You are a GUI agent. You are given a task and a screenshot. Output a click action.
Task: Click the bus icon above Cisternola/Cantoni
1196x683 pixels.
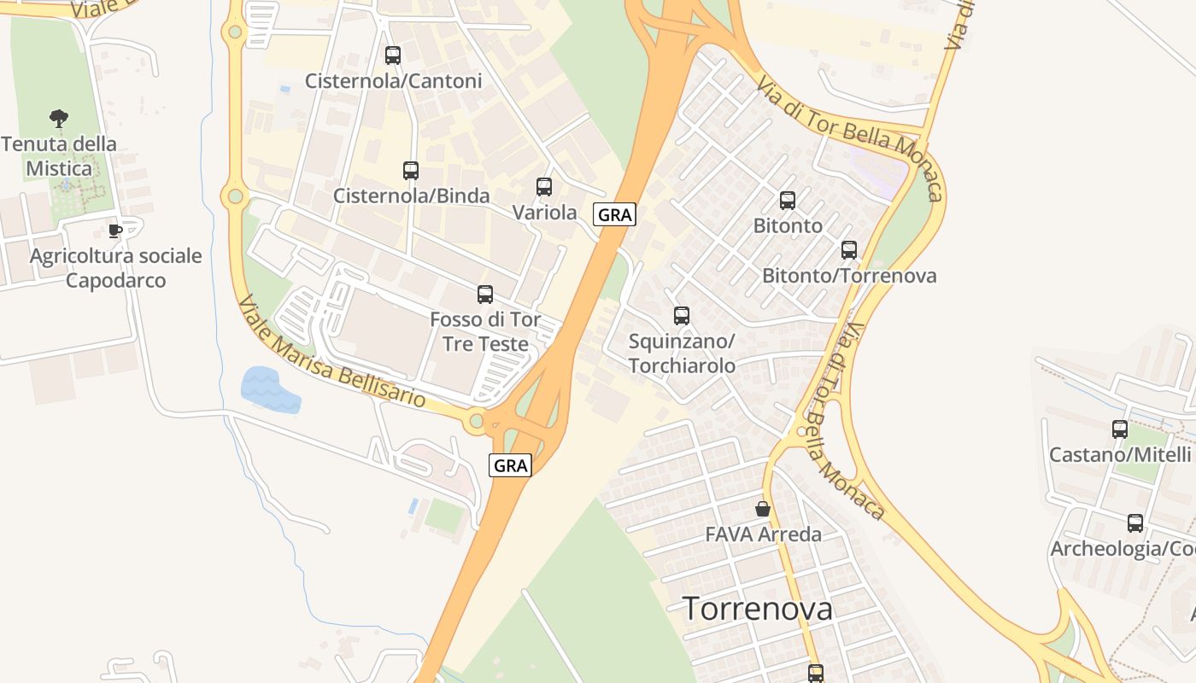pos(393,55)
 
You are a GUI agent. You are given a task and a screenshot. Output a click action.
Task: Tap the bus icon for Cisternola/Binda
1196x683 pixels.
pos(411,171)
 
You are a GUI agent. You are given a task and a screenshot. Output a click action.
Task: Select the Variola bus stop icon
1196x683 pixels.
pos(544,187)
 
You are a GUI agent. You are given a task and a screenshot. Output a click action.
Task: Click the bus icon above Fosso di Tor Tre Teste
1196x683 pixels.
pos(485,295)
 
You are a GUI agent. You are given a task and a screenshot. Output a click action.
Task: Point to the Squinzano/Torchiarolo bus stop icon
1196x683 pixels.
pos(682,316)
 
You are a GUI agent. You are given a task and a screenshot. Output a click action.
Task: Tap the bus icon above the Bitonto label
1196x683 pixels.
pos(788,201)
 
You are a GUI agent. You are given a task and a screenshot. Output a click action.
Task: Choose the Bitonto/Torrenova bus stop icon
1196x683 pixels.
pos(849,250)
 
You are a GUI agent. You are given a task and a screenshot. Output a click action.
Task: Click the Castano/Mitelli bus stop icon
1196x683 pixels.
pos(1120,429)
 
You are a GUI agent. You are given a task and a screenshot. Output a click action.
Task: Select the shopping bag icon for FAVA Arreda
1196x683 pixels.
pos(763,509)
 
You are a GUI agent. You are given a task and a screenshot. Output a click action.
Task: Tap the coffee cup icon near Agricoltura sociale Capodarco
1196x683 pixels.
pos(115,231)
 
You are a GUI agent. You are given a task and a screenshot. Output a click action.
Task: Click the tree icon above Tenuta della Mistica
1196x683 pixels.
pos(59,119)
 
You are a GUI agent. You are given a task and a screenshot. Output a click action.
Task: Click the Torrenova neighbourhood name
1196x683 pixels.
pos(758,609)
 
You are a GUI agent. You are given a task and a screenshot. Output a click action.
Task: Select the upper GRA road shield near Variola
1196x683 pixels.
pos(614,215)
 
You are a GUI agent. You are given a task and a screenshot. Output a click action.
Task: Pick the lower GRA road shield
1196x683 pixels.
pos(511,465)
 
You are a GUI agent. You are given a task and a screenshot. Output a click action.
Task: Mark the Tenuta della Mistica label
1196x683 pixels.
pos(59,156)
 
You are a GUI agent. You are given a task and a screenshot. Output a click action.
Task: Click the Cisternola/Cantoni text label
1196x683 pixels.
pos(394,81)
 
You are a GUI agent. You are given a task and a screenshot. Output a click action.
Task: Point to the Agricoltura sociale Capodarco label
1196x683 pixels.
pos(116,268)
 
